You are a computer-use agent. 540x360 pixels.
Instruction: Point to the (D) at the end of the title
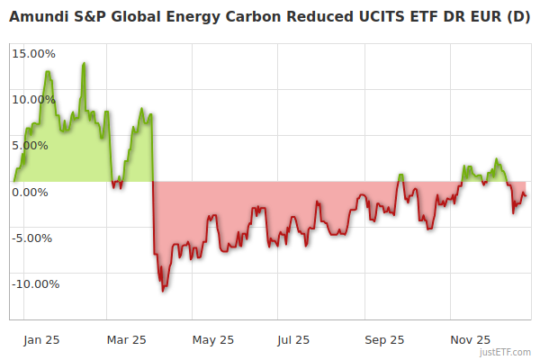(519, 17)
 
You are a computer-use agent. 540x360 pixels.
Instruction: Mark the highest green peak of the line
(85, 63)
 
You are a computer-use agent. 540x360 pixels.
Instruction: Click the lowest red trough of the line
(163, 291)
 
